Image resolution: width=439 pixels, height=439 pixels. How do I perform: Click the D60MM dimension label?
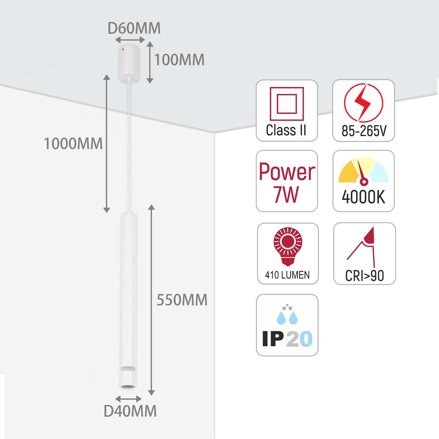134,28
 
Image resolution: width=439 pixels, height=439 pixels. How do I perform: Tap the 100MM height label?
179,60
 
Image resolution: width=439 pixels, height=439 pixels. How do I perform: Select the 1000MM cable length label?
73,144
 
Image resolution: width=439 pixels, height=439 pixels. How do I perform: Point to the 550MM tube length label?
182,300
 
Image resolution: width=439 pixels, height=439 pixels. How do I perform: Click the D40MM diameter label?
130,411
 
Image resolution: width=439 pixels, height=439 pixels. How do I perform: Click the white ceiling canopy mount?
129,63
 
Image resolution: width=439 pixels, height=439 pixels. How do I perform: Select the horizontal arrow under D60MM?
130,40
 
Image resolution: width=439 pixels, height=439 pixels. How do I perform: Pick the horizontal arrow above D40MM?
129,399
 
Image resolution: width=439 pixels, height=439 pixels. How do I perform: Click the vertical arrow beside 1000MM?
106,143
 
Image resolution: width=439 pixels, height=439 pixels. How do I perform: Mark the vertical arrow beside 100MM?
150,62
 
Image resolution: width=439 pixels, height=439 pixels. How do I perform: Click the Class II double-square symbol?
287,104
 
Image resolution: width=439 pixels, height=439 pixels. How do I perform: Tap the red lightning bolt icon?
363,103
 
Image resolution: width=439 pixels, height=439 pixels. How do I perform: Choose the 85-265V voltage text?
364,131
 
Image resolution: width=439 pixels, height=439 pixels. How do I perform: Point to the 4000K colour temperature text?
363,197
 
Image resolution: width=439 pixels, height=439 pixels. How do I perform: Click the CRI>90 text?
364,276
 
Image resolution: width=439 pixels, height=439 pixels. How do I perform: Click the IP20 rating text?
287,339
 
